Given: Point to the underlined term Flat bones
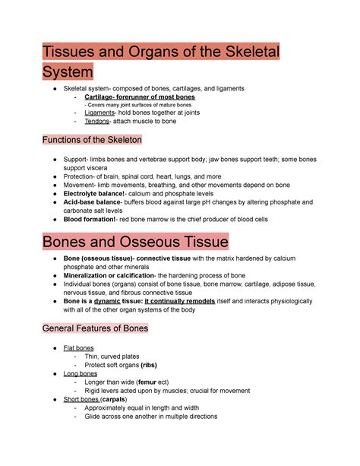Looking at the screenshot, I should coord(78,347).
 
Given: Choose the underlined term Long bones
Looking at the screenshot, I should coord(79,374).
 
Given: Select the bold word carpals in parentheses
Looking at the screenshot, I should coord(115,399).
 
